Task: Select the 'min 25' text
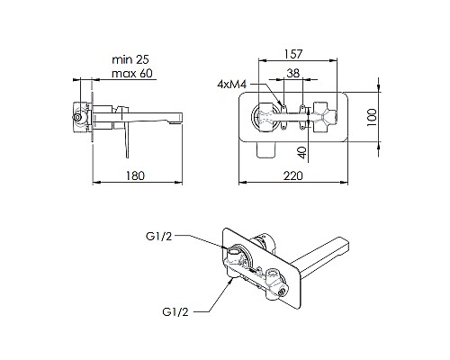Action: pyautogui.click(x=129, y=58)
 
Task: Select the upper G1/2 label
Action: pyautogui.click(x=157, y=238)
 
